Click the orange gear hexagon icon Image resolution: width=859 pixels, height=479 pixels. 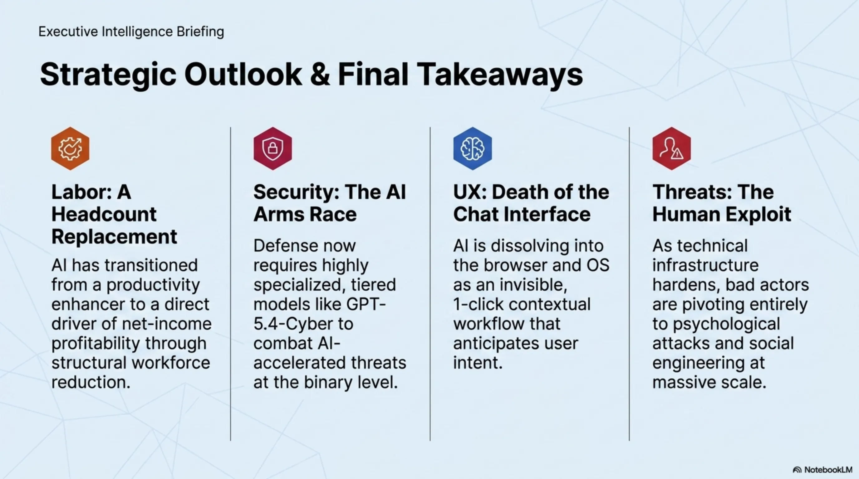70,148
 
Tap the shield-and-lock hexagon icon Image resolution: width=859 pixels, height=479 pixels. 273,148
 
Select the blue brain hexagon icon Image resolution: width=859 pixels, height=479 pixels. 473,148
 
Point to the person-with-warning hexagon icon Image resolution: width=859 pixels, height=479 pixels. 672,148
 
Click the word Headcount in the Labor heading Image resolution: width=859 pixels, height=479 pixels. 104,214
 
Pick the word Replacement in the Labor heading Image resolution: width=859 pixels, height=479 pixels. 114,237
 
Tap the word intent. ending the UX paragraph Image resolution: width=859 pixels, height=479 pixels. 478,363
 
